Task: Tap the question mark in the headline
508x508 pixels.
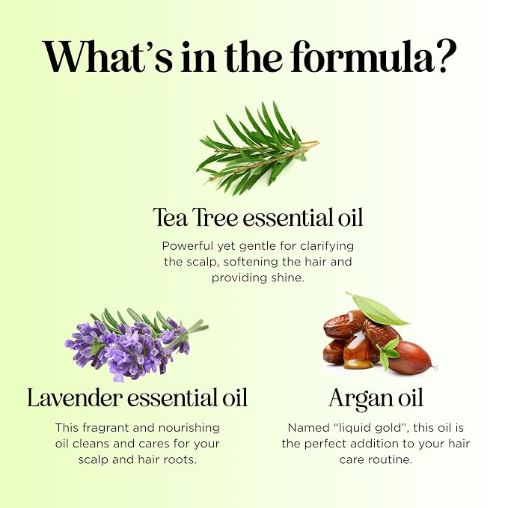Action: tap(445, 56)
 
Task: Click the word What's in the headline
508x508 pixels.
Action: tap(107, 57)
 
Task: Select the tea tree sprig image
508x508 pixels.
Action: tap(258, 148)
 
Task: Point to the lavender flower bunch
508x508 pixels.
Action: tap(136, 344)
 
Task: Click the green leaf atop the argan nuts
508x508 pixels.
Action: tap(377, 309)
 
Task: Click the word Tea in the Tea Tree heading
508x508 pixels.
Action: tap(170, 218)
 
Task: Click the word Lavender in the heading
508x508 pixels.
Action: tap(75, 397)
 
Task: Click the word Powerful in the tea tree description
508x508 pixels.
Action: tap(187, 246)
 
